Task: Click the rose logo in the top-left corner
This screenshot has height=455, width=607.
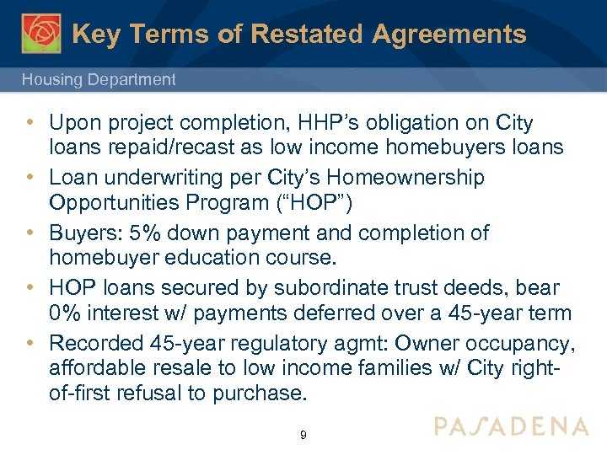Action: point(41,33)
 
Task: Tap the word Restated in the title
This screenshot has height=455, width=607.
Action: point(294,34)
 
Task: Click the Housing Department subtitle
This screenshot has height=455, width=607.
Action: point(99,80)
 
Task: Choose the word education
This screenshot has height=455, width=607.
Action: point(212,256)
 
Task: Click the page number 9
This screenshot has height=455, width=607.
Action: point(303,436)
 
